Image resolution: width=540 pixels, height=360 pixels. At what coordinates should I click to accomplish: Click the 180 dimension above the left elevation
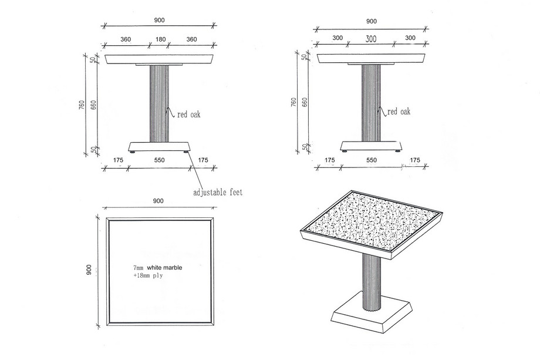[160, 39]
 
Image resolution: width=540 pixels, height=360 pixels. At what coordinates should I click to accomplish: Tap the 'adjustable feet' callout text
[218, 192]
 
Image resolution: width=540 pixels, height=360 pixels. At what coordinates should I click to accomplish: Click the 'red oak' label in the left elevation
[189, 114]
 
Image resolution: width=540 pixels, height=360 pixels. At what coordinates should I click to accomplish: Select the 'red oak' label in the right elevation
[399, 111]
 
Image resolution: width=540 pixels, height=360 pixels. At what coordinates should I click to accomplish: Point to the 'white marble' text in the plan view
[164, 267]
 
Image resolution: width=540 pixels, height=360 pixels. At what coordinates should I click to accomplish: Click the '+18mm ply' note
[148, 275]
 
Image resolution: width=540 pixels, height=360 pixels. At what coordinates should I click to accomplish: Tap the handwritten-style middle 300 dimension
[371, 39]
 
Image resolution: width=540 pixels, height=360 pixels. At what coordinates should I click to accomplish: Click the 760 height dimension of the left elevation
[82, 105]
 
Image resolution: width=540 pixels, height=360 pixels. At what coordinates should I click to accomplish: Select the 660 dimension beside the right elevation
[305, 102]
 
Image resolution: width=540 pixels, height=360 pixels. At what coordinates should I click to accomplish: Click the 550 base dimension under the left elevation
[160, 160]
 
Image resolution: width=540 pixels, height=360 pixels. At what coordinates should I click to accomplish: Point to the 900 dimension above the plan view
[158, 201]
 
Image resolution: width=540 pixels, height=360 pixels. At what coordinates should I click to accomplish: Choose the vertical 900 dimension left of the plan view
[89, 270]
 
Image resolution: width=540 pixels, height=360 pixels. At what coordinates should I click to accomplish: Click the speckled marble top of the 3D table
[372, 220]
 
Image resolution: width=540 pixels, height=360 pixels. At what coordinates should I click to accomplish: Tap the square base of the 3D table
[372, 317]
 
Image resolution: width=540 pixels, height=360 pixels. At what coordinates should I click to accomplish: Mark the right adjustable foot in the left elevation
[186, 151]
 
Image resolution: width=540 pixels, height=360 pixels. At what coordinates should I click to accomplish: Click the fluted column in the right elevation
[371, 103]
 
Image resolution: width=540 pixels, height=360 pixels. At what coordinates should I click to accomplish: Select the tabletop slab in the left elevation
[160, 59]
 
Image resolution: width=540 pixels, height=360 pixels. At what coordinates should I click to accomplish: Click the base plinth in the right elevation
[371, 146]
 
